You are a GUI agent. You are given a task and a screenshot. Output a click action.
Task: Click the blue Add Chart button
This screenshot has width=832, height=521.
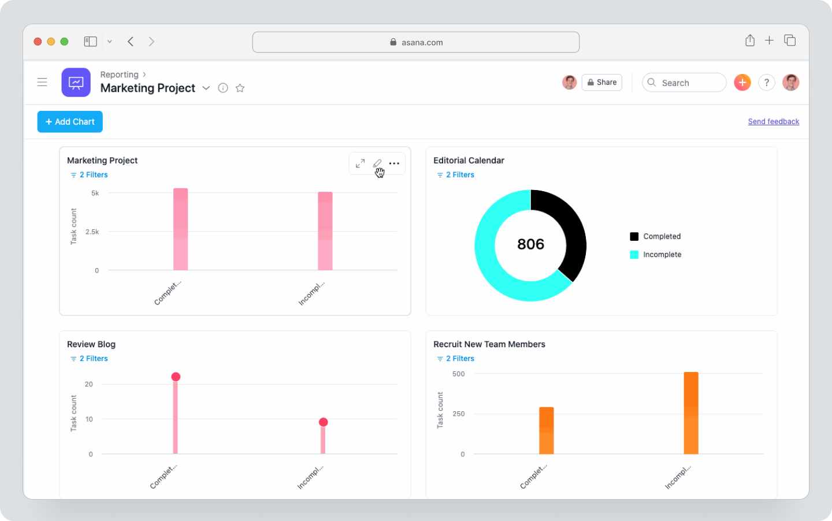tap(70, 122)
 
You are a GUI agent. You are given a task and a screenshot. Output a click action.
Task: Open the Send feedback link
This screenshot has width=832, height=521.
tap(773, 122)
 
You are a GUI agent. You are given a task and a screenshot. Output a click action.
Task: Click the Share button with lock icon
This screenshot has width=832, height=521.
tap(601, 83)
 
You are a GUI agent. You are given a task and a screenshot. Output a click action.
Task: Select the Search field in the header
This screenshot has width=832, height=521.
tap(685, 83)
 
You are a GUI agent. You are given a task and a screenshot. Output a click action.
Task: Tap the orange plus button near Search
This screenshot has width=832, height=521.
tap(742, 83)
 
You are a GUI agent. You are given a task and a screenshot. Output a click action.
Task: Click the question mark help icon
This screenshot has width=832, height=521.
tap(766, 83)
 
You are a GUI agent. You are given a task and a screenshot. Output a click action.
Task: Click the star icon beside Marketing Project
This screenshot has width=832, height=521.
tap(240, 88)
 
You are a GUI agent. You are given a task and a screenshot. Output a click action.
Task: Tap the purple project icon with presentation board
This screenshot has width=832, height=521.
tap(76, 83)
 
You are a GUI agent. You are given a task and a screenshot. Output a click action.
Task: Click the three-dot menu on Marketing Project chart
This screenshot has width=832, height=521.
tap(394, 163)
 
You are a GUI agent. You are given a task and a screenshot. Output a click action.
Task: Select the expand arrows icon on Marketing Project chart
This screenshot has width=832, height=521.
tap(360, 163)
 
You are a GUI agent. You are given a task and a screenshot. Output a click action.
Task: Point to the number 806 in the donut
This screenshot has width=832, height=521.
tap(530, 244)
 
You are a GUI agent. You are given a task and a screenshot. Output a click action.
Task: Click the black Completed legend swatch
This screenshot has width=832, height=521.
tap(634, 236)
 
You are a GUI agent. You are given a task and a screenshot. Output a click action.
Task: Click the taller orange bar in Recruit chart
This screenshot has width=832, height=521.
tap(690, 413)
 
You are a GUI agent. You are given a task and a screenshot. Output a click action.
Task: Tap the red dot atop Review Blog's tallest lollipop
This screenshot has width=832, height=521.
tap(176, 377)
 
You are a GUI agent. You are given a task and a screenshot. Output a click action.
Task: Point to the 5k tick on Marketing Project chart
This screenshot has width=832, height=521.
tap(95, 193)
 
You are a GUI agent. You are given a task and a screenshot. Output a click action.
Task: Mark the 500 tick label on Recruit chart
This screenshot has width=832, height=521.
tap(458, 374)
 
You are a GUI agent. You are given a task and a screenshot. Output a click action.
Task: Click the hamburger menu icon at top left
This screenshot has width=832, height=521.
tap(42, 82)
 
